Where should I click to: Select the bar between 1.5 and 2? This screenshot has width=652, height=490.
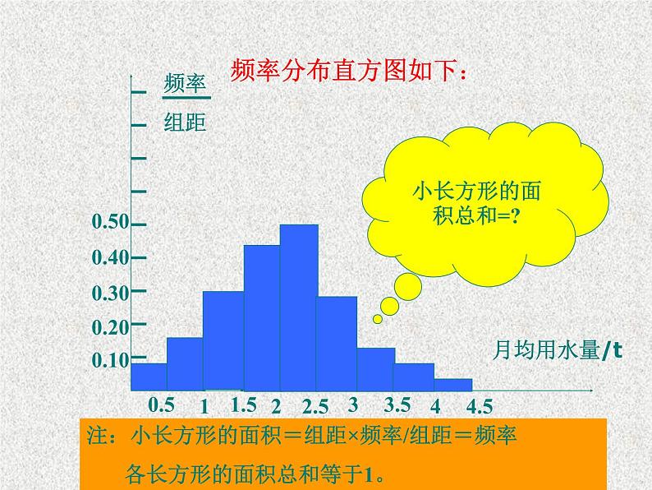pyautogui.click(x=262, y=317)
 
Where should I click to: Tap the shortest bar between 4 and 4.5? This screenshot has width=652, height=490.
pyautogui.click(x=453, y=384)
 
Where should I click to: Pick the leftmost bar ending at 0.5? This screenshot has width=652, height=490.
pyautogui.click(x=149, y=376)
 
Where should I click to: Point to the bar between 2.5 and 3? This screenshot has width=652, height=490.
pyautogui.click(x=337, y=342)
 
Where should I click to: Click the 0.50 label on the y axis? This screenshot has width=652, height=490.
pyautogui.click(x=110, y=222)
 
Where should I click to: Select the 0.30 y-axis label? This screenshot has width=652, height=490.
pyautogui.click(x=110, y=292)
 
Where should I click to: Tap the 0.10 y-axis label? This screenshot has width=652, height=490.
pyautogui.click(x=110, y=360)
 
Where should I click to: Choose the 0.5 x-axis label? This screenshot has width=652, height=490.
pyautogui.click(x=162, y=404)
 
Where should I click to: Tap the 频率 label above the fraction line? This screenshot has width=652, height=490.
pyautogui.click(x=184, y=85)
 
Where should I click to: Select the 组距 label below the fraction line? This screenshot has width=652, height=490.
pyautogui.click(x=185, y=123)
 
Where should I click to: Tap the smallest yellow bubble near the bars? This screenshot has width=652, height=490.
pyautogui.click(x=377, y=319)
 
